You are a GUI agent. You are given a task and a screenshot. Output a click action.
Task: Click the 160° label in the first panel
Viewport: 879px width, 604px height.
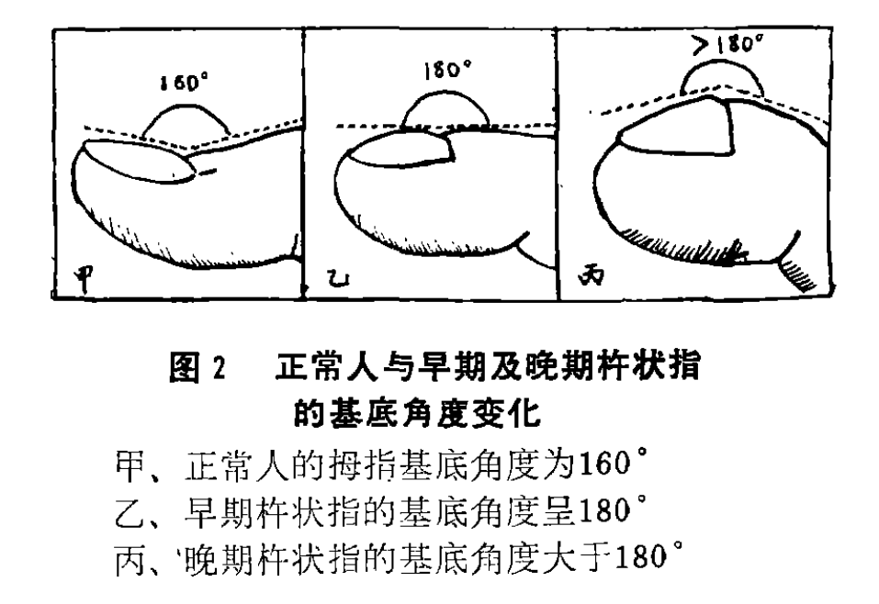[x=184, y=84]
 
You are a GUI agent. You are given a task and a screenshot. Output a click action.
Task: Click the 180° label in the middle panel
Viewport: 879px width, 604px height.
[x=447, y=70]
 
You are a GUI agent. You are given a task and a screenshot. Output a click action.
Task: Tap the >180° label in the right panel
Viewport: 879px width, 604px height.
[x=728, y=44]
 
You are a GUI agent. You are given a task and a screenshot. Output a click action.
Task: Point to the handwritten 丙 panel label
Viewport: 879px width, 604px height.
[x=592, y=275]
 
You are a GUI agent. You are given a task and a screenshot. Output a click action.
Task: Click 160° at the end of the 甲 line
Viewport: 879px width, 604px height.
[x=609, y=464]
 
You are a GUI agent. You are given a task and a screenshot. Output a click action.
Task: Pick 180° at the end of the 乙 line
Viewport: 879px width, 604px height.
[x=609, y=509]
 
